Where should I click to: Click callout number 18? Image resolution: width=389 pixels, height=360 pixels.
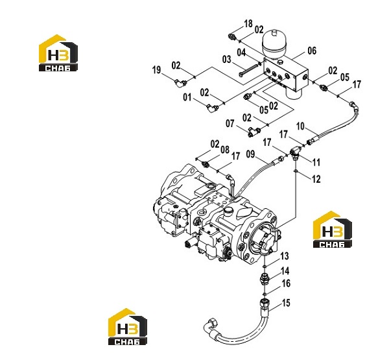tap(248, 24)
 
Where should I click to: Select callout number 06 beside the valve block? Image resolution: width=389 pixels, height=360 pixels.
tap(312, 51)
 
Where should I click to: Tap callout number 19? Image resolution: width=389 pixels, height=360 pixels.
tap(156, 70)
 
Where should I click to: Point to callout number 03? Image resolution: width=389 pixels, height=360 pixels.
tap(226, 60)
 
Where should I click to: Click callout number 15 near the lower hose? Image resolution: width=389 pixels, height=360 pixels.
tap(286, 303)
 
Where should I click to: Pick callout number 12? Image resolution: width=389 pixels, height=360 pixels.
tap(316, 179)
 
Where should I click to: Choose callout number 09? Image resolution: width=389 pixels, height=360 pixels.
tap(250, 154)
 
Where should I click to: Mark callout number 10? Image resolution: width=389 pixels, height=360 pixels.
tap(300, 126)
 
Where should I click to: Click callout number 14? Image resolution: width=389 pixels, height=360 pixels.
tap(285, 271)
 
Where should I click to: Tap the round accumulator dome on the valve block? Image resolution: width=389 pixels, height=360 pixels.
tap(274, 44)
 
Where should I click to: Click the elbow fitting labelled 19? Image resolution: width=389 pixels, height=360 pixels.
tap(180, 82)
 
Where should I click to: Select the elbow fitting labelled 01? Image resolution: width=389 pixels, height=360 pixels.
tap(211, 108)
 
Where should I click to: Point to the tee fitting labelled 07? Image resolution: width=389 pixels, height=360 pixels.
tap(253, 131)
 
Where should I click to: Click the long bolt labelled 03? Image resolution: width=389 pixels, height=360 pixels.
tap(248, 70)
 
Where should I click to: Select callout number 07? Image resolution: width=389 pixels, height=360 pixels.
tap(230, 123)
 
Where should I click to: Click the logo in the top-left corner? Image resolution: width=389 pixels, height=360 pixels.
tap(58, 53)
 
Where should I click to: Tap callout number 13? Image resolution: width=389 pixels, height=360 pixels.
tap(285, 256)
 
